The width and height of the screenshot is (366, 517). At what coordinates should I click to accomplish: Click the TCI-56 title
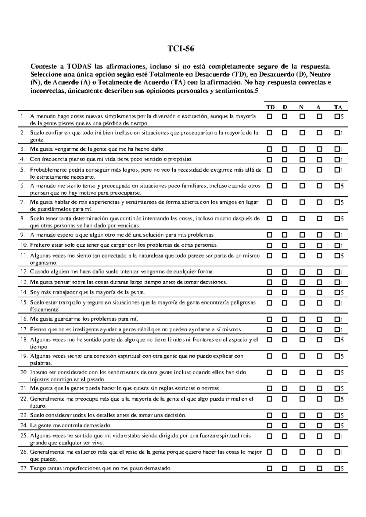(181, 49)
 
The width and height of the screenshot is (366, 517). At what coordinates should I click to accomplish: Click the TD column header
(271, 107)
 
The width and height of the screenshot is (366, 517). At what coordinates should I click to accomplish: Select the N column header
(301, 107)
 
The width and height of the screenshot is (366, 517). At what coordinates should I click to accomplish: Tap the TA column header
(338, 107)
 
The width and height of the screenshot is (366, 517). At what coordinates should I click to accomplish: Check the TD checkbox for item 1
(270, 116)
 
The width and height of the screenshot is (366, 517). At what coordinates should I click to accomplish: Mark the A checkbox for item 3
(319, 149)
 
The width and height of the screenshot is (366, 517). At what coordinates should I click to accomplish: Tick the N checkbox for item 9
(302, 235)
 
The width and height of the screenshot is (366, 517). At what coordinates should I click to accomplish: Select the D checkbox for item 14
(284, 292)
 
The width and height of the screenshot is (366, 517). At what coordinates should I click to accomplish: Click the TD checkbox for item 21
(270, 388)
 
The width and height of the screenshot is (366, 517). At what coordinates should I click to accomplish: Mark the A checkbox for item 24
(319, 425)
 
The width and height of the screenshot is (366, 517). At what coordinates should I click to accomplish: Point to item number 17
(24, 330)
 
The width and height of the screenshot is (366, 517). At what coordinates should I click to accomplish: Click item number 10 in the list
(24, 245)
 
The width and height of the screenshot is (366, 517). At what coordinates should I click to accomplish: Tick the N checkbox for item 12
(302, 272)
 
